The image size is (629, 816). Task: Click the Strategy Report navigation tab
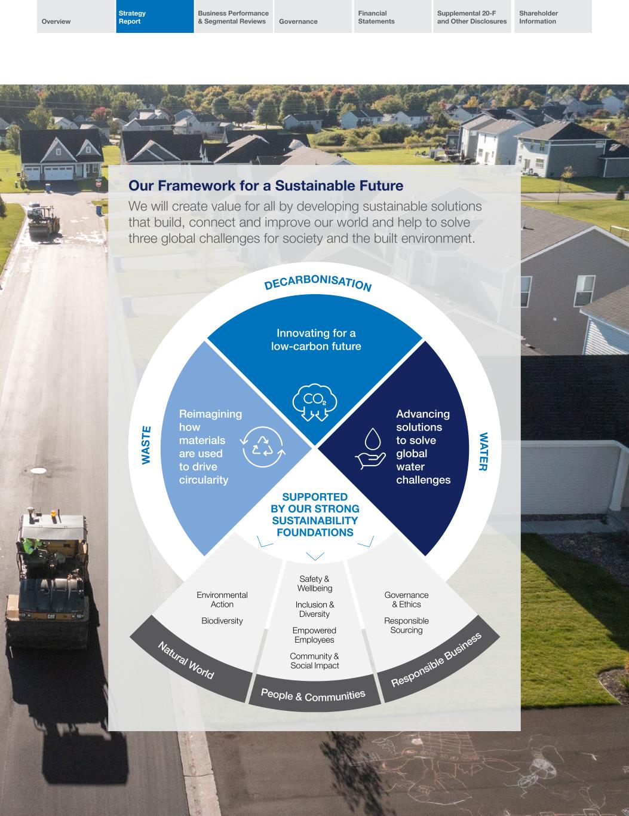click(x=155, y=17)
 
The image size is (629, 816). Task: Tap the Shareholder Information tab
click(x=553, y=17)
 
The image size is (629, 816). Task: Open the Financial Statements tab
click(x=392, y=17)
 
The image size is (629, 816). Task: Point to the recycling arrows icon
click(x=263, y=446)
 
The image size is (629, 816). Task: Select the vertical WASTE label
click(x=146, y=444)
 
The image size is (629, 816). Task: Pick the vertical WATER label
click(x=483, y=451)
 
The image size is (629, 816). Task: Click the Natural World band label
click(x=186, y=660)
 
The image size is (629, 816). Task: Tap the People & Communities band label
click(x=313, y=695)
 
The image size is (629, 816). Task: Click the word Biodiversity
click(x=222, y=621)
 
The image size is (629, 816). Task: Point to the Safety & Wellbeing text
click(x=314, y=583)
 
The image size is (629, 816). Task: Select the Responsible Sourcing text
click(x=406, y=625)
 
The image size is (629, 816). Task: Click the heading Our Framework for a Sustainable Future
click(x=266, y=186)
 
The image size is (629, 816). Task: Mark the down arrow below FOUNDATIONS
click(x=315, y=556)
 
